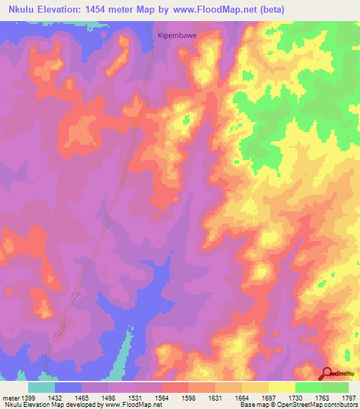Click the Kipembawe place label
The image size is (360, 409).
point(174,33)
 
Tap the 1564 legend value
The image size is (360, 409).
point(160,398)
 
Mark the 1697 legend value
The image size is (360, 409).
point(267,398)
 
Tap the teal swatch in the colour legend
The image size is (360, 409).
point(41,387)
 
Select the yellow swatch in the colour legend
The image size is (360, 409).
point(281,387)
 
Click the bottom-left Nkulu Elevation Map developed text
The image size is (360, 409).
point(56,405)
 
